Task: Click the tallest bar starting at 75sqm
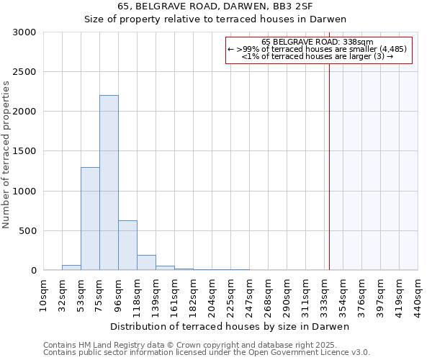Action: click(x=109, y=183)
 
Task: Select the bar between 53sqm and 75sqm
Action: click(x=90, y=219)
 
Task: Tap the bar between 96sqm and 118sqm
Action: click(x=127, y=246)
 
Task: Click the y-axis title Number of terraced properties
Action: click(x=6, y=154)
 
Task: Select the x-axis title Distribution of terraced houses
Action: click(x=230, y=326)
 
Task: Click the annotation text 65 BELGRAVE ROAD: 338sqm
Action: click(x=318, y=42)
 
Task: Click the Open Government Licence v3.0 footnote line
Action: click(x=207, y=353)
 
